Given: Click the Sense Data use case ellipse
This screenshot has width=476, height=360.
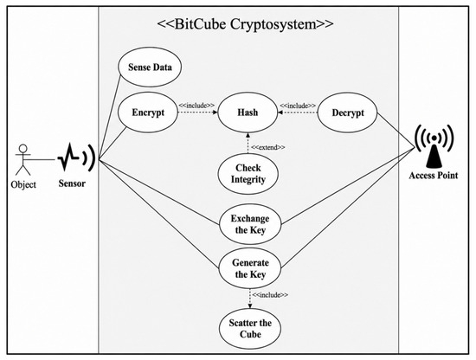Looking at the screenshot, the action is pos(150,67).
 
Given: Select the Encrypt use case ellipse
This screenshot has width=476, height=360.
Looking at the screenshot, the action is pos(147,112).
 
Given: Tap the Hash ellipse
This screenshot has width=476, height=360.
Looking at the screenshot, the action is pos(248,112).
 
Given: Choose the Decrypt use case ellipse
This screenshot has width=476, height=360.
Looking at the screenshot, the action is pos(348,112).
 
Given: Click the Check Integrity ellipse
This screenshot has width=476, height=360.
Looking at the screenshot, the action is pos(248,174).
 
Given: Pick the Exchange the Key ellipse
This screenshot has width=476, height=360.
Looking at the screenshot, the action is pos(250,224).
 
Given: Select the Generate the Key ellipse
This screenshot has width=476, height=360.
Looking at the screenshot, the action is pos(250,268).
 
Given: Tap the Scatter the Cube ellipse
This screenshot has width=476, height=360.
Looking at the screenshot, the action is pos(250,329).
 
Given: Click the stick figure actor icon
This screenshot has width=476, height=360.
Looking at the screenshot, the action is pos(23,159).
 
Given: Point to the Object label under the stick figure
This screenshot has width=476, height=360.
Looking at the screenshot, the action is pos(23,184).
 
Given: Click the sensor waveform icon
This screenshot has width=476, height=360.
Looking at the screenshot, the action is pos(76,157).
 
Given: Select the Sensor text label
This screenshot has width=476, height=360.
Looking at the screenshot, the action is pos(72,183).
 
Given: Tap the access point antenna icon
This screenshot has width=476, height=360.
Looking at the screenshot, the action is pos(434,146).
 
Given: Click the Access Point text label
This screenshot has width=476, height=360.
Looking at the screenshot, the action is pos(434,175).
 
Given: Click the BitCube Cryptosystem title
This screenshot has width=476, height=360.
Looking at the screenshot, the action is pos(245,23).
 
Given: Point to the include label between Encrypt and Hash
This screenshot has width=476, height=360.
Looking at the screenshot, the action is pos(196,106).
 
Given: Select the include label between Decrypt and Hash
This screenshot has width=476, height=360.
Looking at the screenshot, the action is pos(298,106).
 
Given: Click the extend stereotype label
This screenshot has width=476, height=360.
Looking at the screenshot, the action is pos(268,147).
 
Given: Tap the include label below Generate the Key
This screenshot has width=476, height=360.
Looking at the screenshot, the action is pos(270,295).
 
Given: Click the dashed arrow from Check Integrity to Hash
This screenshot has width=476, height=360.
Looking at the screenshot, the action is pos(248,143).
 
